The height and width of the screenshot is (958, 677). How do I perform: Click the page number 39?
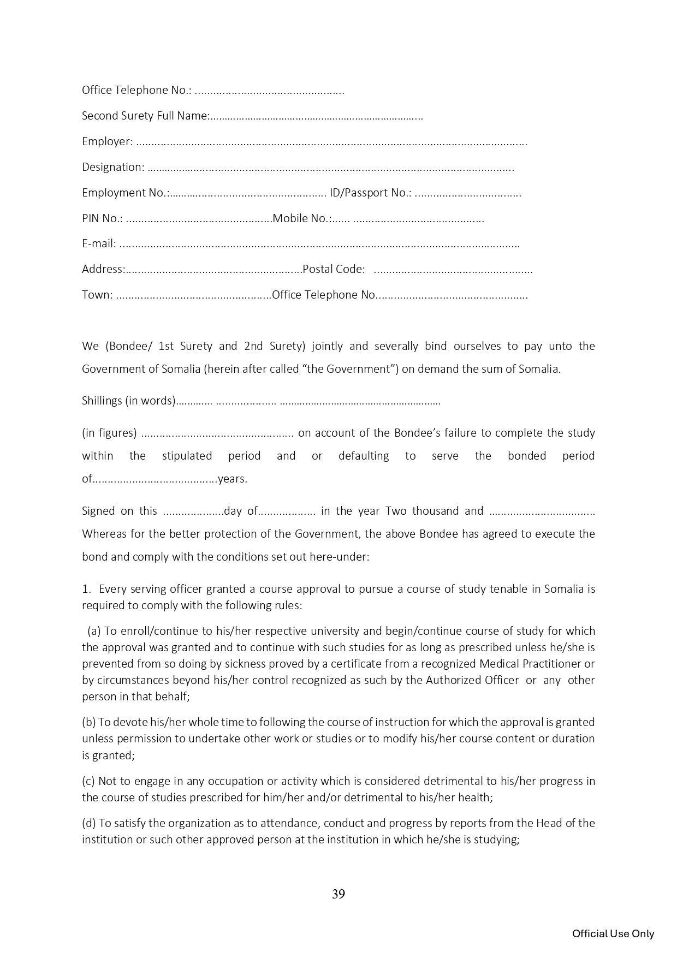(338, 894)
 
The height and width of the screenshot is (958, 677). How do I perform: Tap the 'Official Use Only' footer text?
(613, 933)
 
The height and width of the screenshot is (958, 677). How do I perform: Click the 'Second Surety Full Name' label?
(145, 116)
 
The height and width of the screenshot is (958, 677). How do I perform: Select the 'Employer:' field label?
(107, 141)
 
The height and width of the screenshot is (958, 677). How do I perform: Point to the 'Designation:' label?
(113, 167)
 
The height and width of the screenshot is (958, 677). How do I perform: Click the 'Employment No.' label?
(125, 193)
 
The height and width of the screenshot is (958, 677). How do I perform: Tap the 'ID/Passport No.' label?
(370, 193)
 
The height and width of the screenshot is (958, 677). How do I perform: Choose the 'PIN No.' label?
(102, 218)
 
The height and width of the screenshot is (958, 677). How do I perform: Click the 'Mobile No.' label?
(301, 218)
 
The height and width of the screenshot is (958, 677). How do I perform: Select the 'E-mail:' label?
(99, 243)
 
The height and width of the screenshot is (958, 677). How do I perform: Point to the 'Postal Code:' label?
(334, 269)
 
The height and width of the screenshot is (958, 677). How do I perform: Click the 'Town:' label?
(97, 295)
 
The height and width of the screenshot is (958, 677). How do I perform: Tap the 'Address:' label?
(103, 269)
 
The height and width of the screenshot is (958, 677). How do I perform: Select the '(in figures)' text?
(109, 433)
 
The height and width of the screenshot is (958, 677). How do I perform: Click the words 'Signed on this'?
(119, 511)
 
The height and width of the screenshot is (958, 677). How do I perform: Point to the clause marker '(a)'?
(94, 631)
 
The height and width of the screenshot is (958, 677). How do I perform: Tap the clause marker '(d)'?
(89, 823)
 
